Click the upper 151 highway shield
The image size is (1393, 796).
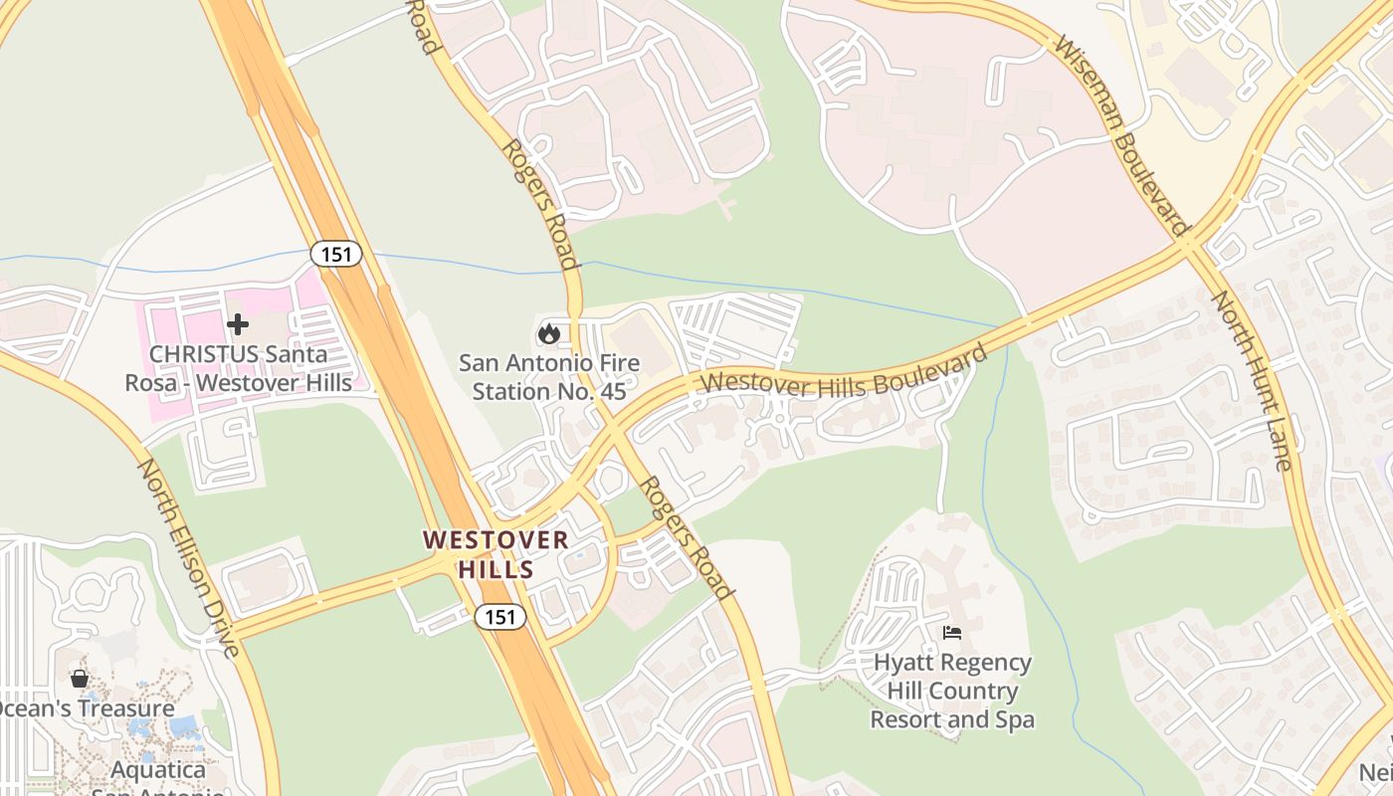pos(336,254)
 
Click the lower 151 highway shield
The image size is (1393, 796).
pos(499,617)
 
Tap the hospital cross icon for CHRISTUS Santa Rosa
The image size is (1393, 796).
pos(238,323)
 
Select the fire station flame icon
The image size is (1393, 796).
pos(548,333)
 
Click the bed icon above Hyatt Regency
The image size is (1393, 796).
pos(952,633)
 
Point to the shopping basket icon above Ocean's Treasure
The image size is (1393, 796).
pos(80,679)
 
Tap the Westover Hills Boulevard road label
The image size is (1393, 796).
pos(845,370)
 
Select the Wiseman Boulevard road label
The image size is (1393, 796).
pos(1121,137)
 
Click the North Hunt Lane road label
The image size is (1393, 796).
pos(1252,380)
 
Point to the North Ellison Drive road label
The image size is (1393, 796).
pos(189,558)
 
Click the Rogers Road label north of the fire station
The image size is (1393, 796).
pos(539,204)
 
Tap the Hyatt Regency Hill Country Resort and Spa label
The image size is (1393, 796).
pos(952,691)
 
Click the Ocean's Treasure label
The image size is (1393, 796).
pos(86,708)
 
